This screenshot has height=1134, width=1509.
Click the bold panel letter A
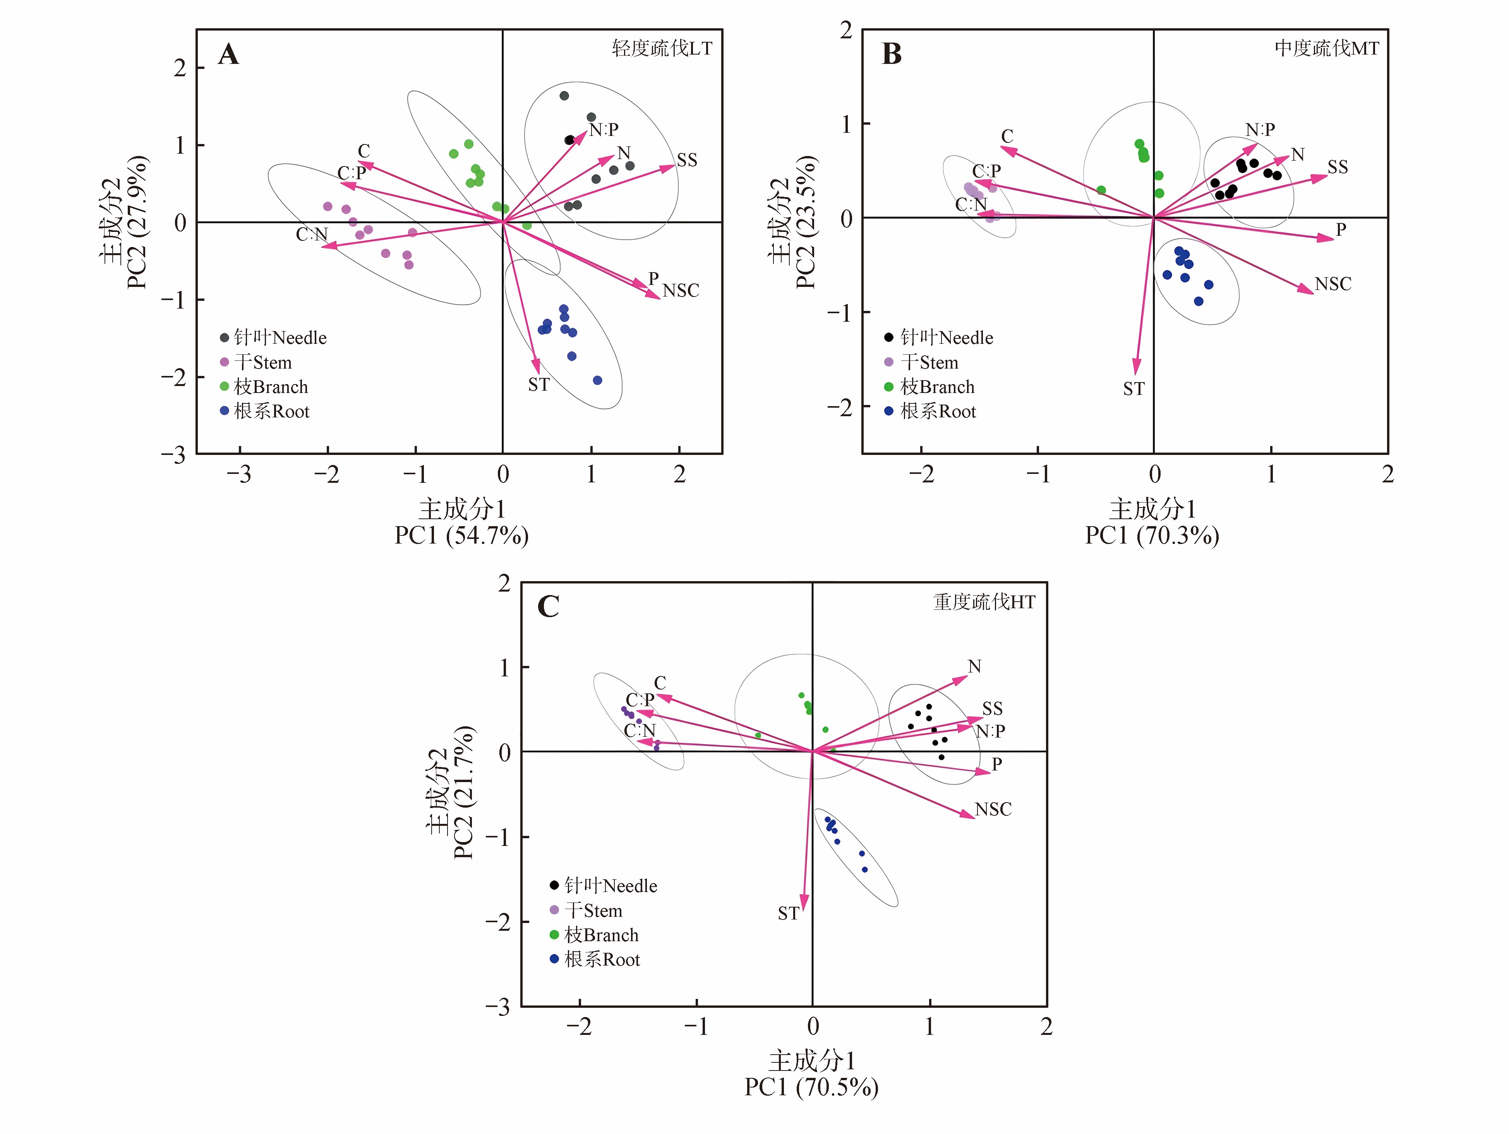tap(228, 54)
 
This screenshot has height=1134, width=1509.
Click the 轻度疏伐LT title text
tap(662, 48)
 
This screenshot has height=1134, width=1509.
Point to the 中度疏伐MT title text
tap(1327, 48)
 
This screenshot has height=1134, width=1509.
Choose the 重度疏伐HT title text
tap(984, 602)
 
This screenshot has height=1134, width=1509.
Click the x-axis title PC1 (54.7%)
tap(462, 535)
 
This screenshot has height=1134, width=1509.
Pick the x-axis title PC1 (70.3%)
tap(1152, 535)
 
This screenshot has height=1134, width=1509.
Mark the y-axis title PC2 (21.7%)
tap(463, 791)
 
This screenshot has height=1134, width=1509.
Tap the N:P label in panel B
tap(1260, 130)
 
